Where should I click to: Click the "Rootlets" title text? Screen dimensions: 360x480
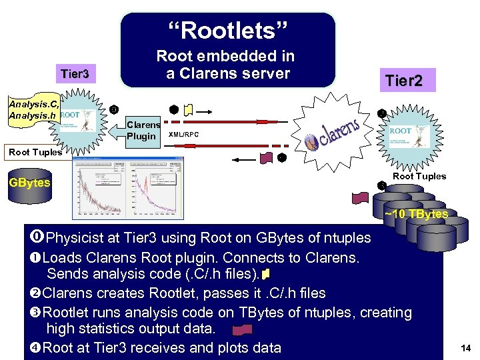pyautogui.click(x=227, y=31)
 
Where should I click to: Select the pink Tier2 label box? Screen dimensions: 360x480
pyautogui.click(x=408, y=80)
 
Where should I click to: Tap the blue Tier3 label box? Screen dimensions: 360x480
pyautogui.click(x=75, y=73)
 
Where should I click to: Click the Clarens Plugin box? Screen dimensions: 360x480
pyautogui.click(x=143, y=131)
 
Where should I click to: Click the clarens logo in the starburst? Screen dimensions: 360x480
pyautogui.click(x=333, y=133)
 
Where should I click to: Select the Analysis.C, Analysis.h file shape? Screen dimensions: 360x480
pyautogui.click(x=29, y=110)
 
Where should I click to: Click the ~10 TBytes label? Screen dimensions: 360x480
pyautogui.click(x=416, y=213)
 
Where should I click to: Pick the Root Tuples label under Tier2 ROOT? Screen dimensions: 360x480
pyautogui.click(x=419, y=176)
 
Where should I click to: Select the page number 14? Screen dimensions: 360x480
pyautogui.click(x=465, y=347)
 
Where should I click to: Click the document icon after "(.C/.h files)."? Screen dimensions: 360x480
pyautogui.click(x=266, y=274)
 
